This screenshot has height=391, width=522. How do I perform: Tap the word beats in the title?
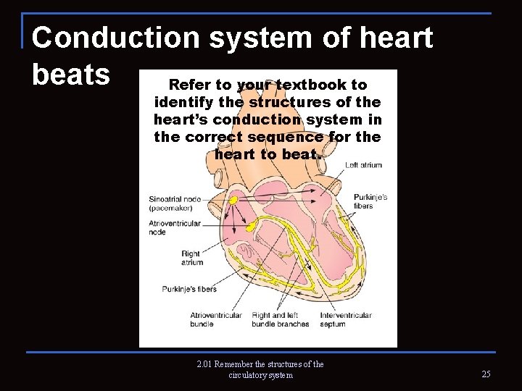71,74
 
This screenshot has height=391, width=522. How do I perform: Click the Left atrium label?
363,165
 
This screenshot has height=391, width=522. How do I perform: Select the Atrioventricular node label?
174,227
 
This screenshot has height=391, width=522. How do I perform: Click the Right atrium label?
191,258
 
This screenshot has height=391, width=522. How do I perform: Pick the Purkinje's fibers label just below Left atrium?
370,201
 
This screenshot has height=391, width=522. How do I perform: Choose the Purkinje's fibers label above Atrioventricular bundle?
189,289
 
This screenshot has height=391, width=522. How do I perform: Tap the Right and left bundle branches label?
281,319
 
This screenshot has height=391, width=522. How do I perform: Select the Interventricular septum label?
346,319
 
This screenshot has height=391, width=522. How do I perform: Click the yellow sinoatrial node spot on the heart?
233,200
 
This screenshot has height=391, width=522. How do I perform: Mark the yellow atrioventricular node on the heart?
251,227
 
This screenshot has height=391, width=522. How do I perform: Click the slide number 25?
486,374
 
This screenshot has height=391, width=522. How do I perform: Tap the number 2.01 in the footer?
205,364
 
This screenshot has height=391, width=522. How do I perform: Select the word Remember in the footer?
237,364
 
